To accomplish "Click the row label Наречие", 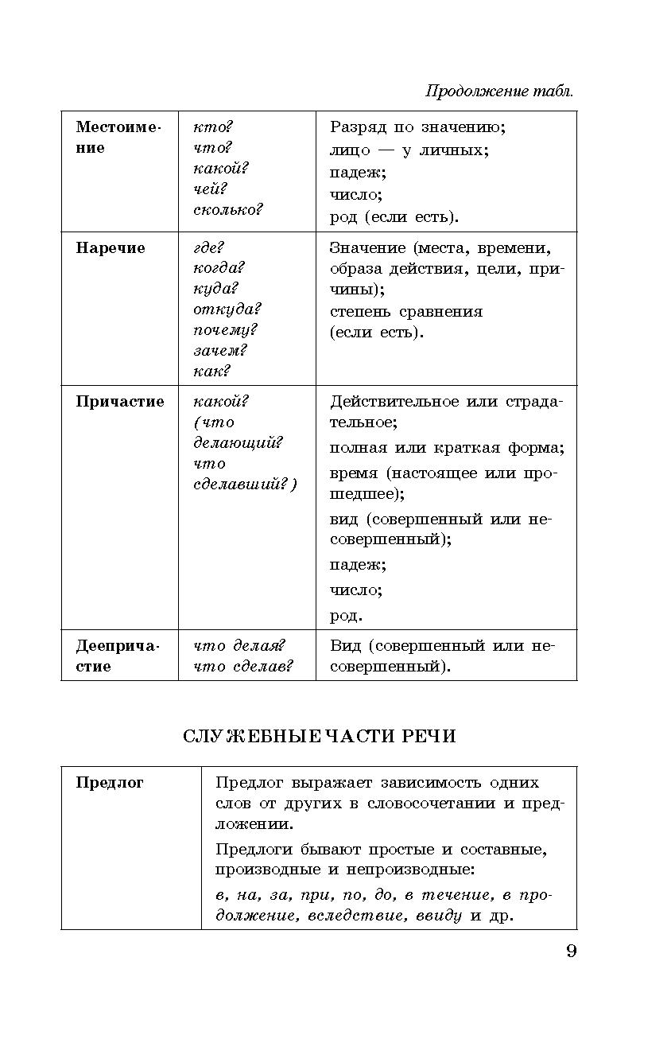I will coord(111,248).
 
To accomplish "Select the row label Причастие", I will coord(120,402).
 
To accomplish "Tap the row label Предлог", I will coord(110,783).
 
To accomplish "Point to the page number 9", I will coord(571,952).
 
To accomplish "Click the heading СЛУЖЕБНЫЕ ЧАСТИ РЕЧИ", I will coord(320,737).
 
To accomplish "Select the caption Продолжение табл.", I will coord(499,91).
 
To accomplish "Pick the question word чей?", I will coord(210,189).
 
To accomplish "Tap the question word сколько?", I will coord(227,210).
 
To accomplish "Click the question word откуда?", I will coord(227,309).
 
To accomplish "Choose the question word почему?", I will coord(225,330).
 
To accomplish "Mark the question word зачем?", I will coord(220,351).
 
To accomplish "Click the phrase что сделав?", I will coord(242,667).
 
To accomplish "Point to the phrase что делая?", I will coord(239,646).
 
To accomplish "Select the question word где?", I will coord(209,248).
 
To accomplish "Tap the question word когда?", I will coord(219,268).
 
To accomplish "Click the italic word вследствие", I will coord(358,916).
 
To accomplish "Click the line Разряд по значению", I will coord(417,127).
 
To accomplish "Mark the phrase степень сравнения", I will coord(406,311).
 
